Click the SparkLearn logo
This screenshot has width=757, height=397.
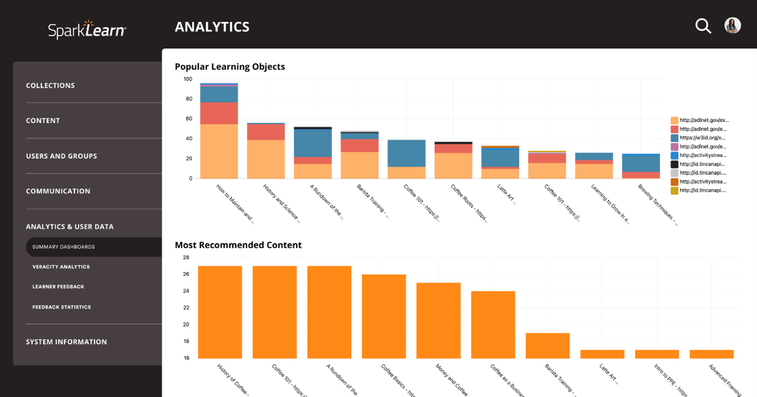pyautogui.click(x=87, y=29)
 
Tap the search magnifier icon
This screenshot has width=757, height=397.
pyautogui.click(x=702, y=26)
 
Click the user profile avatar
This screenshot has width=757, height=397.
pyautogui.click(x=732, y=25)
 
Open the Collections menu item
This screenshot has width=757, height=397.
pyautogui.click(x=50, y=85)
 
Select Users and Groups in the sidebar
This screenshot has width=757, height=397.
pyautogui.click(x=61, y=156)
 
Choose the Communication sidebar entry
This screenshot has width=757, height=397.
pyautogui.click(x=58, y=191)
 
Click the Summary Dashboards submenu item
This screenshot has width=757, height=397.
pyautogui.click(x=64, y=247)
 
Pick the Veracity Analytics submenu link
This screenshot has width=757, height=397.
pyautogui.click(x=61, y=267)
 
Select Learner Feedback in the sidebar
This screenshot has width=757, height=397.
pyautogui.click(x=58, y=287)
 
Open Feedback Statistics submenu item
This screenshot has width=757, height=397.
pyautogui.click(x=61, y=307)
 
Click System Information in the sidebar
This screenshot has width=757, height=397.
pyautogui.click(x=66, y=342)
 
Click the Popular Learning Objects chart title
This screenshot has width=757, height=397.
pyautogui.click(x=230, y=67)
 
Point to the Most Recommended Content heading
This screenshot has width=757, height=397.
pyautogui.click(x=238, y=245)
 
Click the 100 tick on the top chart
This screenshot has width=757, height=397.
pyautogui.click(x=188, y=79)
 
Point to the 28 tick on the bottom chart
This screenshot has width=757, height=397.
pyautogui.click(x=186, y=258)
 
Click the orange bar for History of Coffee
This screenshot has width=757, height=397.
pyautogui.click(x=220, y=312)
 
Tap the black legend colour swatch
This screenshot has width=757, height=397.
pyautogui.click(x=674, y=164)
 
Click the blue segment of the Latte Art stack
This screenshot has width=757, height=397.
pyautogui.click(x=500, y=157)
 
